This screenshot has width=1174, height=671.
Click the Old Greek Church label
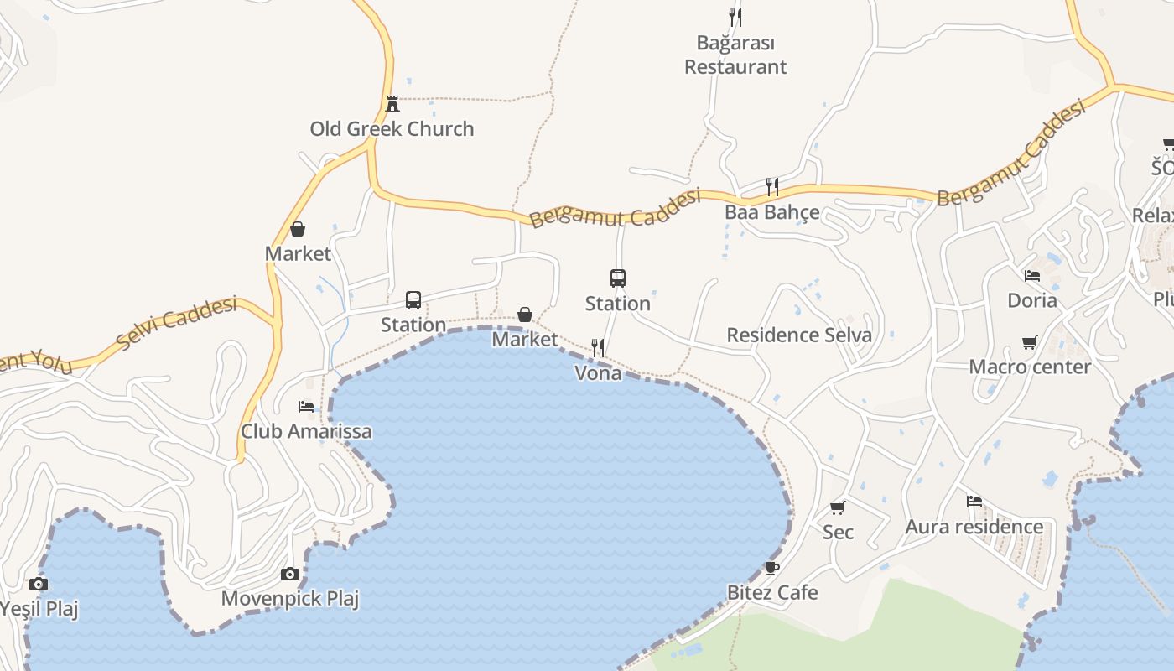(392, 129)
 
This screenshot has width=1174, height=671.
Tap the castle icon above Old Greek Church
(392, 104)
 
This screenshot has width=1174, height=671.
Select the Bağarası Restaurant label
(735, 55)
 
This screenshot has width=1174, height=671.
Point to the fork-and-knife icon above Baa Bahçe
(772, 186)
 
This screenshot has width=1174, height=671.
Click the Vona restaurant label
(598, 373)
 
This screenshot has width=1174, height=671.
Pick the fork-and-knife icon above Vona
(598, 347)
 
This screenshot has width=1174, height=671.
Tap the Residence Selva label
(799, 335)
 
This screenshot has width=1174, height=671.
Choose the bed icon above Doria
(1032, 275)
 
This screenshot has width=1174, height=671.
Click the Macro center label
(1030, 367)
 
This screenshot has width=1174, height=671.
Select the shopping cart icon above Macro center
(1030, 342)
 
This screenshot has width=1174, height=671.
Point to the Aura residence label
(974, 527)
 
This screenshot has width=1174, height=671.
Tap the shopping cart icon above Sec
(837, 507)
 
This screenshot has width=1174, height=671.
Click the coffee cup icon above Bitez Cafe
(772, 568)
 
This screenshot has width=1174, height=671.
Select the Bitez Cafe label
(772, 593)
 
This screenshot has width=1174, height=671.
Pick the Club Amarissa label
(306, 431)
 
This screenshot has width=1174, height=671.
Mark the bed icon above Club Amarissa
(306, 407)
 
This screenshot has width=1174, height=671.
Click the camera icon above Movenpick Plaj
(290, 575)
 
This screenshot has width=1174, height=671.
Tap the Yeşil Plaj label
(39, 609)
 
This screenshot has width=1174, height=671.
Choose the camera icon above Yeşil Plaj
(38, 585)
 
